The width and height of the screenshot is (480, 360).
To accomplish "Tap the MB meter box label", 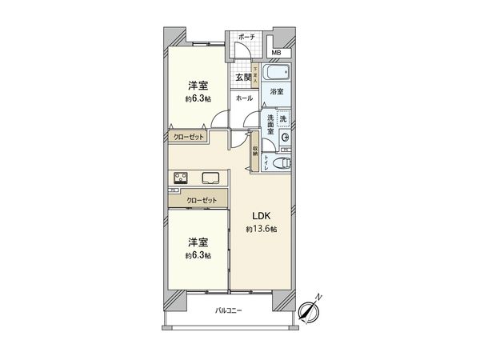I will click(275, 53).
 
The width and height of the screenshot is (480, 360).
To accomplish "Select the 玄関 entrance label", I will click(242, 78).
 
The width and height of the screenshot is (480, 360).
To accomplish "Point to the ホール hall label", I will click(244, 98).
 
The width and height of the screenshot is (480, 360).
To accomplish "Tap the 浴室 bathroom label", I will click(276, 93).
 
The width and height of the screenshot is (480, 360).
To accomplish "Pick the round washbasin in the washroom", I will click(285, 138).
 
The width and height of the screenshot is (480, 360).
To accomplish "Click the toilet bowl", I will click(278, 163).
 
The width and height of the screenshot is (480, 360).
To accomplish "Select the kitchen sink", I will click(211, 178).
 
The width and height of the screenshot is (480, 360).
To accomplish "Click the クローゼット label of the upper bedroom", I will click(190, 137).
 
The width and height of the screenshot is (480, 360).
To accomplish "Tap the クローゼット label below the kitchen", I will click(201, 201).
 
